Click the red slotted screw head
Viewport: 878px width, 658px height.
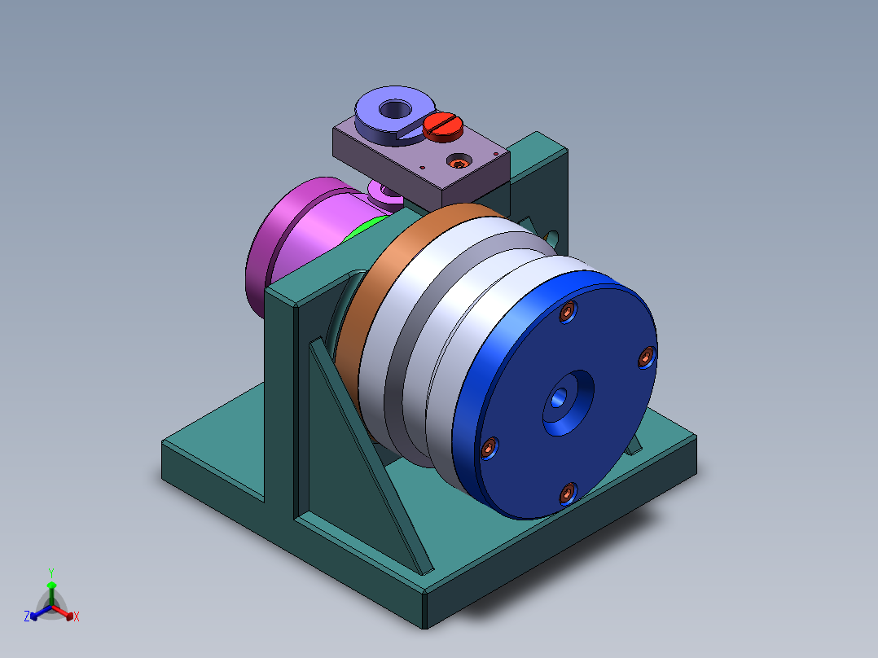pyautogui.click(x=443, y=125)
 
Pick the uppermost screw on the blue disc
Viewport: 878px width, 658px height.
pyautogui.click(x=569, y=311)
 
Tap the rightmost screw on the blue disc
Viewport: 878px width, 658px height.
pyautogui.click(x=646, y=356)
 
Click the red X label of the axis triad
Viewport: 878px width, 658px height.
pyautogui.click(x=77, y=617)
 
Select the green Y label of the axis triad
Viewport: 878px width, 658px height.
pyautogui.click(x=50, y=572)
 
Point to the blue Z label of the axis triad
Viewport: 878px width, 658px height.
pyautogui.click(x=27, y=616)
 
